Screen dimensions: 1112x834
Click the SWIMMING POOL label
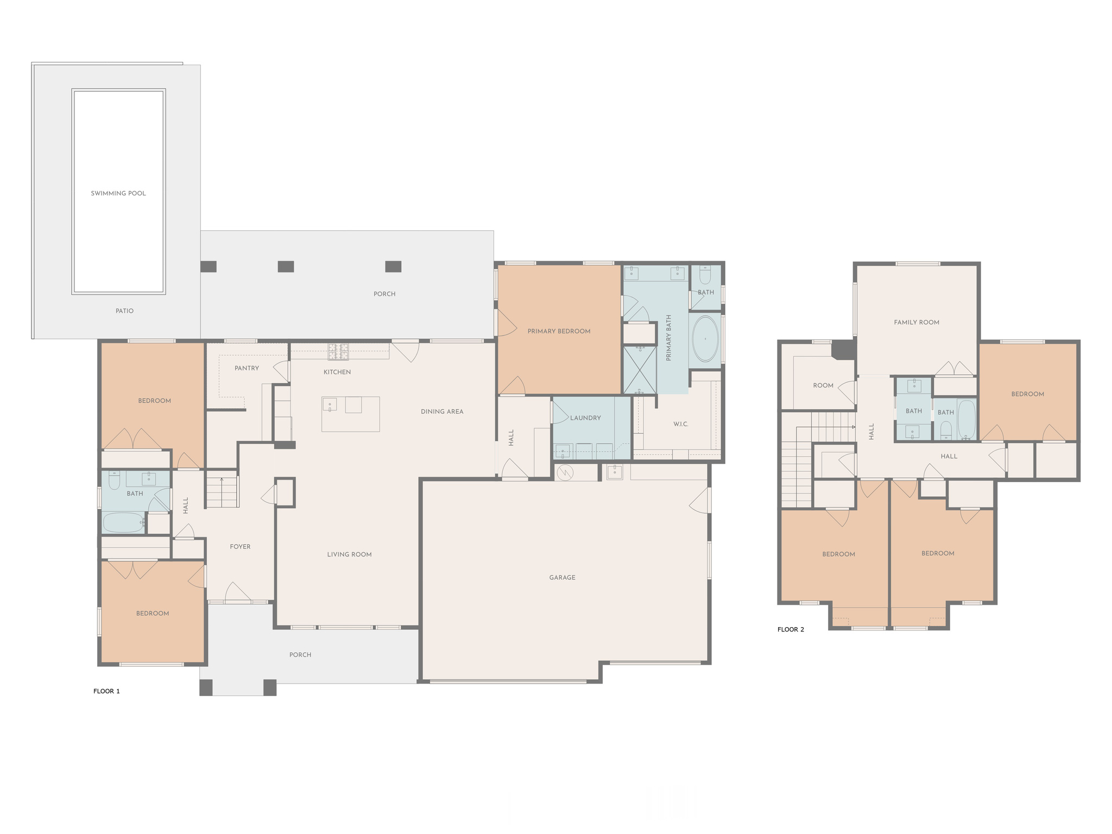pyautogui.click(x=118, y=193)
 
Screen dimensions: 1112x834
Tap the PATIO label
pyautogui.click(x=124, y=311)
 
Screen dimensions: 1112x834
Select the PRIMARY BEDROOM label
pyautogui.click(x=559, y=331)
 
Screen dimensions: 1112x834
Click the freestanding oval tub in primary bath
pyautogui.click(x=705, y=339)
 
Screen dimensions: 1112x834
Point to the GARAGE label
pyautogui.click(x=562, y=578)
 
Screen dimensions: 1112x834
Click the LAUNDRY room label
pyautogui.click(x=585, y=418)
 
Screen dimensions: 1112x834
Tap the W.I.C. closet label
pyautogui.click(x=681, y=424)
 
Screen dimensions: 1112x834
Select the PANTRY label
pyautogui.click(x=247, y=368)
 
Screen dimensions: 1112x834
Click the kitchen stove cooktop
pyautogui.click(x=338, y=352)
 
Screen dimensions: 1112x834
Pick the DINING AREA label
pyautogui.click(x=442, y=412)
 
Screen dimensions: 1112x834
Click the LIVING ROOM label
pyautogui.click(x=349, y=554)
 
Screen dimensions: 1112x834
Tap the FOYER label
pyautogui.click(x=240, y=547)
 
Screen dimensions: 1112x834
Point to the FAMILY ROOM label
pyautogui.click(x=917, y=323)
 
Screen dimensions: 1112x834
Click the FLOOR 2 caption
pyautogui.click(x=791, y=629)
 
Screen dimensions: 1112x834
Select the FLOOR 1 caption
pyautogui.click(x=106, y=691)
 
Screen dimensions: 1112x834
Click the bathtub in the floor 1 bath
pyautogui.click(x=124, y=523)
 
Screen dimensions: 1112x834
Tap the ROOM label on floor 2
pyautogui.click(x=823, y=386)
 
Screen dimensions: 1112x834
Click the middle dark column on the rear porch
pyautogui.click(x=286, y=267)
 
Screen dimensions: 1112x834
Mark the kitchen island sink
pyautogui.click(x=330, y=405)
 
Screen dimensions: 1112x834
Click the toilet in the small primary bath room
pyautogui.click(x=705, y=275)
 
